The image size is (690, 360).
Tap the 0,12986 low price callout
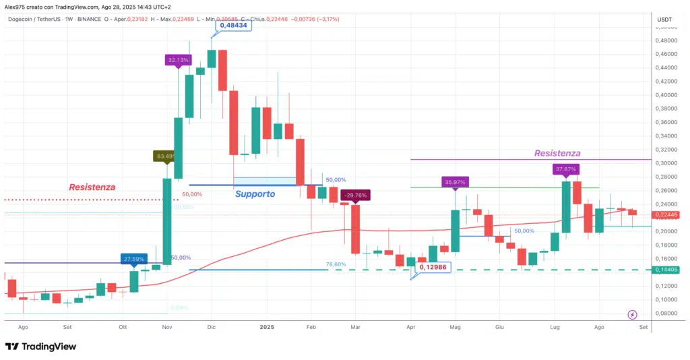pos(431,268)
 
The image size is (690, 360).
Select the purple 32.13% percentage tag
pos(177,60)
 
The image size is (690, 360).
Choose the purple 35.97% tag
pos(456,182)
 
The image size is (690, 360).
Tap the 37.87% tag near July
pos(566,169)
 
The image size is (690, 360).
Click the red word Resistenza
pos(92,187)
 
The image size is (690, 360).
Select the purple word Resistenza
pos(557,153)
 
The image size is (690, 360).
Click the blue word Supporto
pos(255,194)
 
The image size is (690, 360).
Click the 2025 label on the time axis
pos(267,327)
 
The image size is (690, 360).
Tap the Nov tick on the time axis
pos(166,327)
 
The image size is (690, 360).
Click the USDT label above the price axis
pos(664,19)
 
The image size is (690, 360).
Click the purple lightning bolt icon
pos(633,314)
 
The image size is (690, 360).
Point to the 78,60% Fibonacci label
pos(336,265)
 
